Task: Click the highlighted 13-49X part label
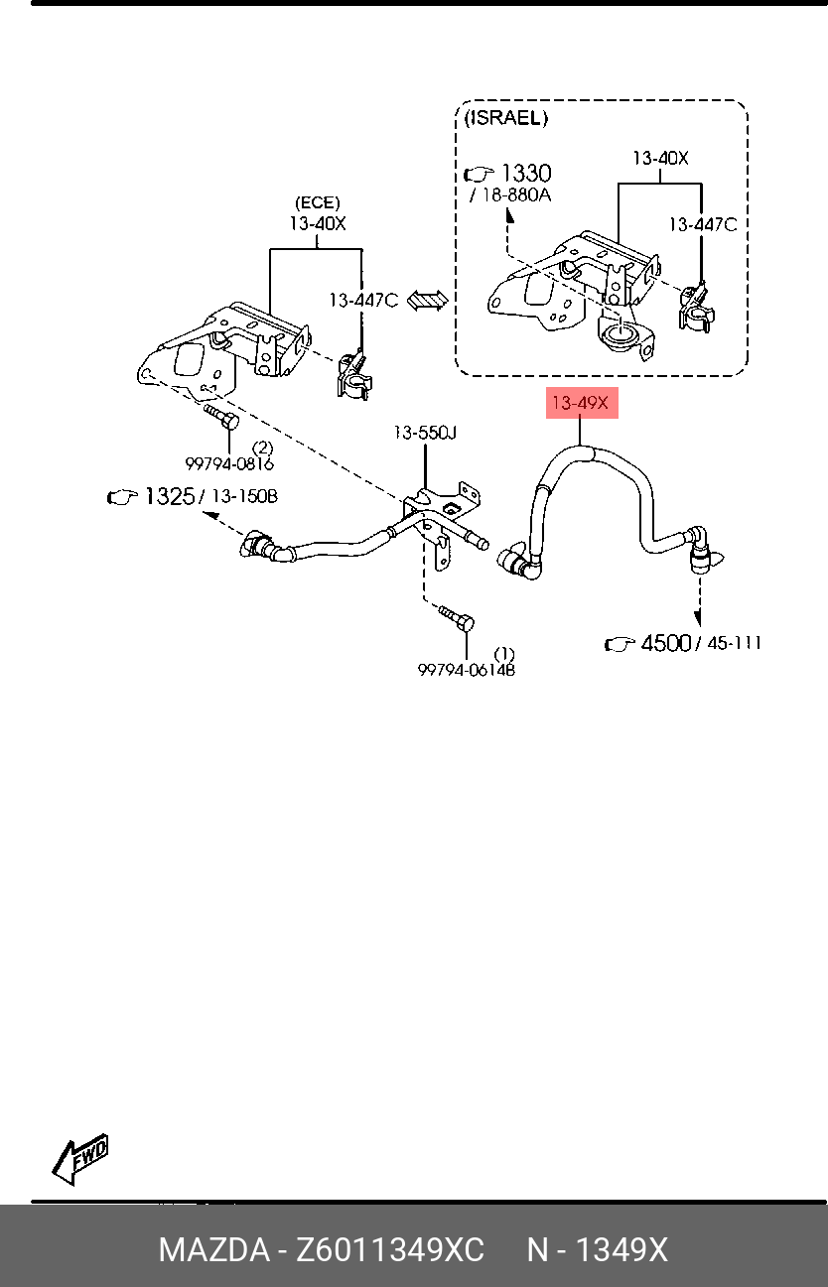582,403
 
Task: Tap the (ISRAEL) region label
506,118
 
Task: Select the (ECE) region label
318,202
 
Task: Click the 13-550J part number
425,432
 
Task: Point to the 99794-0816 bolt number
229,463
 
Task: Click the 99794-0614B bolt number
467,670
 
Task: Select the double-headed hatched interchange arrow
427,301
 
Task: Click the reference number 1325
170,496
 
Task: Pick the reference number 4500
666,643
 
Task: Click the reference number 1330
527,173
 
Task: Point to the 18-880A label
516,195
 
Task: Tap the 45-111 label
735,643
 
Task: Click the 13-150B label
244,496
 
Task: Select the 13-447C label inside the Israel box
703,224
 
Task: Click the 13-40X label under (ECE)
318,223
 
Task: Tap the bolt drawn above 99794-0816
221,417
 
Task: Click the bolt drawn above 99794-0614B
457,617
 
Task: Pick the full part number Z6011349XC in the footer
390,1249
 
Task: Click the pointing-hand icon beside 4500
620,644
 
